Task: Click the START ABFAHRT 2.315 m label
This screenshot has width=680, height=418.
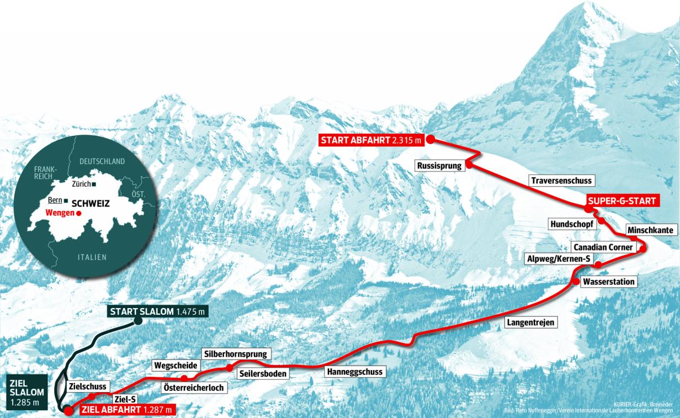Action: (x=371, y=140)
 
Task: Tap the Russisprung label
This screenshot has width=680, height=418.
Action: (x=439, y=165)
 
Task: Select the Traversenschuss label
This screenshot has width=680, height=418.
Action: (x=560, y=181)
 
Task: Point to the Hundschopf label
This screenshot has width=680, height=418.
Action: (x=571, y=224)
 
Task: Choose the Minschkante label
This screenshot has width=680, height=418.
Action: (x=650, y=230)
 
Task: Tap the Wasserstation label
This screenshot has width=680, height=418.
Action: (x=609, y=282)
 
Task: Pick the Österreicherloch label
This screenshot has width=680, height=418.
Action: (x=194, y=388)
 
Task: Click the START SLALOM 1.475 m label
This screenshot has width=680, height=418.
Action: (x=157, y=312)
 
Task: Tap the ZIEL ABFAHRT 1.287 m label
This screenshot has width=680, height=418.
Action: (x=127, y=410)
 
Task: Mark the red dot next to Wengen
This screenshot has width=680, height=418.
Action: (x=79, y=213)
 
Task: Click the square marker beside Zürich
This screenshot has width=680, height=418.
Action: (x=94, y=184)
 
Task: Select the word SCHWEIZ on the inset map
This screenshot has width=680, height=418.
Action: (x=91, y=203)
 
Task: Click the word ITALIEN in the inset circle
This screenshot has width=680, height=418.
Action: (x=92, y=257)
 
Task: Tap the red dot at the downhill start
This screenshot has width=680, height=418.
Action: (x=430, y=139)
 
